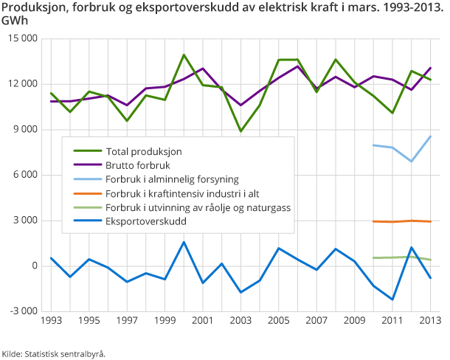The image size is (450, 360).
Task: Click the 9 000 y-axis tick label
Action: tap(25, 130)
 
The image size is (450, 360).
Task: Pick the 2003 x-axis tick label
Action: tap(240, 322)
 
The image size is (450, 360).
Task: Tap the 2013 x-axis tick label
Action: tap(430, 322)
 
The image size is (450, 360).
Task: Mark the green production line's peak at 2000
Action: tap(184, 55)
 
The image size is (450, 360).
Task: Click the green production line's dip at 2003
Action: tap(240, 131)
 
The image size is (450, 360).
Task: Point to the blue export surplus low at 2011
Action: tap(392, 300)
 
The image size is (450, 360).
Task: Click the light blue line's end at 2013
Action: tap(430, 136)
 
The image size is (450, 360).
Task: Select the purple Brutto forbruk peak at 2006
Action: tap(297, 66)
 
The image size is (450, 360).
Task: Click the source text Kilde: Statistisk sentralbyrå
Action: tap(54, 353)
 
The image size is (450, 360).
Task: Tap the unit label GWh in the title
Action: tap(15, 21)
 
